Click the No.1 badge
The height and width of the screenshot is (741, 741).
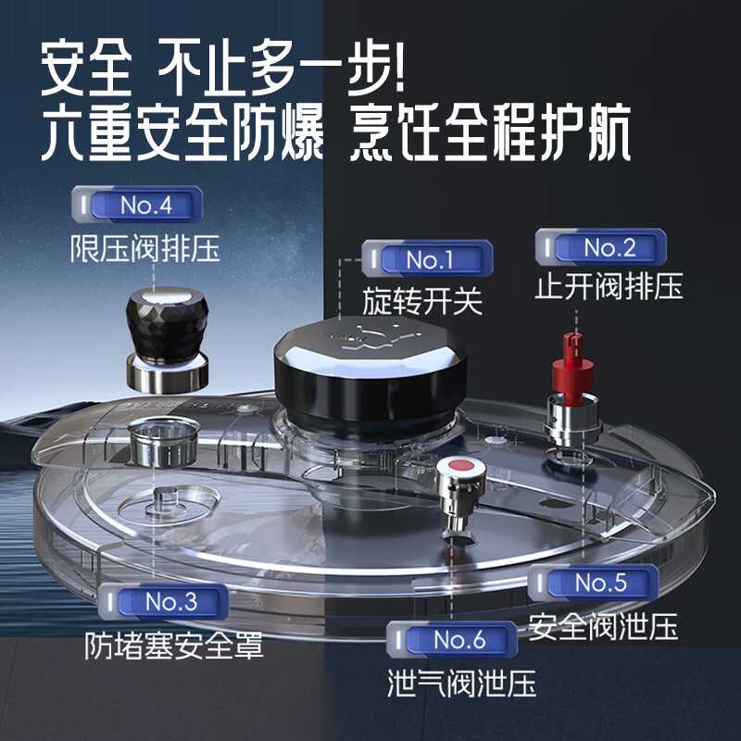427,259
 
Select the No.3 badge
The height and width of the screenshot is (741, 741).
162,601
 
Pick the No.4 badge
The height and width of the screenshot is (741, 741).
136,205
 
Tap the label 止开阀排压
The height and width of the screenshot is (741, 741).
609,286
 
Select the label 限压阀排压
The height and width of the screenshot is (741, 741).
145,247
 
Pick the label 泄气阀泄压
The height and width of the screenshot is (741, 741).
461,683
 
